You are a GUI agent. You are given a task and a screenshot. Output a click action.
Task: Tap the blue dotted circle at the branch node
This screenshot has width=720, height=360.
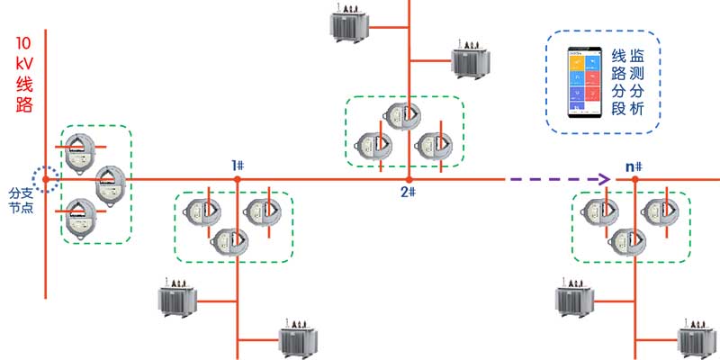[x=46, y=179]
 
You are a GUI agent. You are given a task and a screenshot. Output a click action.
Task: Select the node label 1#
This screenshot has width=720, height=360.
[x=238, y=165]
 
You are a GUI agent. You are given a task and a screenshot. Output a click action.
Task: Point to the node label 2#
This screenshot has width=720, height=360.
[x=408, y=192]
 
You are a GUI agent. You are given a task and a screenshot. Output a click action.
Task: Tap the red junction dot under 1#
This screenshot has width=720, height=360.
[x=238, y=180]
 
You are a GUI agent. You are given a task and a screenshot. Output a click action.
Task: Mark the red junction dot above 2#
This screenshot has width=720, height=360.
[x=409, y=180]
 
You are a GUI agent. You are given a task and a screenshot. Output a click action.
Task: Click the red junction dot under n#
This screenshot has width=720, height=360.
[x=635, y=180]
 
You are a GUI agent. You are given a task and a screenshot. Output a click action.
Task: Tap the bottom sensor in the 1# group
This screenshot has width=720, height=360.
[x=229, y=242]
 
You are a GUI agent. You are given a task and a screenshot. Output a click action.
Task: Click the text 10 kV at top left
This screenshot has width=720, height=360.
[x=24, y=54]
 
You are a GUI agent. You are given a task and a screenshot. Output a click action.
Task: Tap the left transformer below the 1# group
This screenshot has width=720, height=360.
[x=178, y=300]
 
